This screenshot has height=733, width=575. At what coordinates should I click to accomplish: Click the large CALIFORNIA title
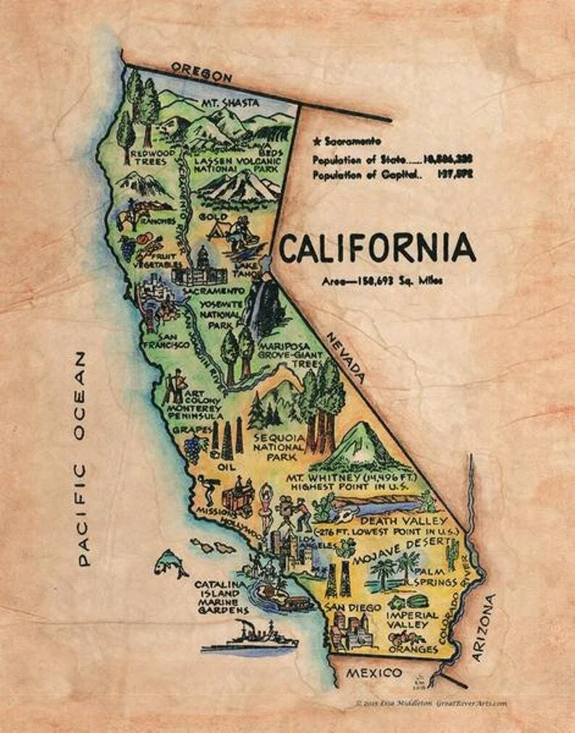click(377, 248)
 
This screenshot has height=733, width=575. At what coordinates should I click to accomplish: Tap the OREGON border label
click(202, 73)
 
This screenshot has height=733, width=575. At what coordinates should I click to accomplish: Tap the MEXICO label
click(373, 673)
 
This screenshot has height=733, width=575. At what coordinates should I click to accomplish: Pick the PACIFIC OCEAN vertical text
click(83, 458)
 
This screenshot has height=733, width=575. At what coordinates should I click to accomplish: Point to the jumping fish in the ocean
click(171, 561)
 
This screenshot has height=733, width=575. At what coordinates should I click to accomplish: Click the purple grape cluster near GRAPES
click(193, 448)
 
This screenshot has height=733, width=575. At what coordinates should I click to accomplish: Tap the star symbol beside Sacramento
click(316, 141)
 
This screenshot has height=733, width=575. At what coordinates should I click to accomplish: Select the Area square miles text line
click(381, 281)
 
